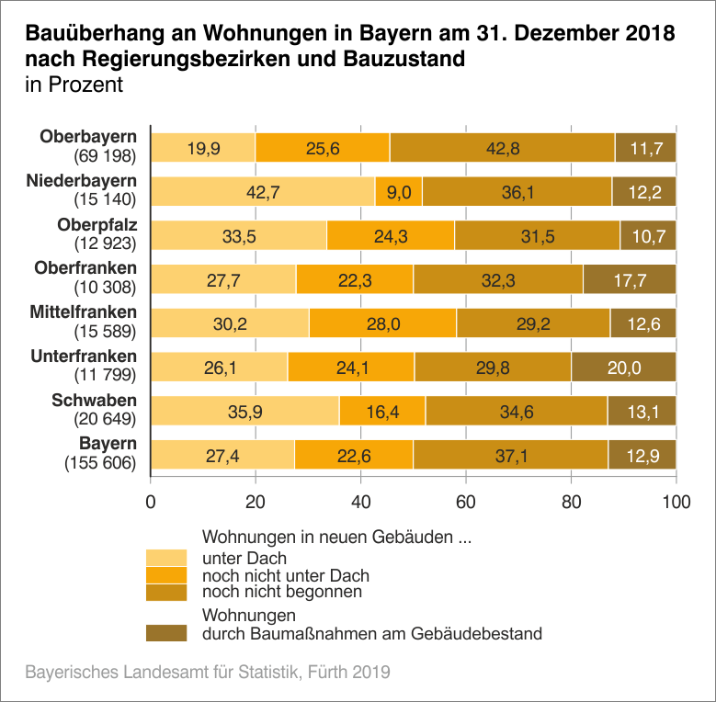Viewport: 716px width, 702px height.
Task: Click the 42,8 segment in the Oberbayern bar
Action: pos(502,148)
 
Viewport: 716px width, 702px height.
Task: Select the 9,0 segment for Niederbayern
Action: pos(398,192)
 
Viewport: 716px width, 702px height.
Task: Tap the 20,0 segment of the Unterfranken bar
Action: pos(623,368)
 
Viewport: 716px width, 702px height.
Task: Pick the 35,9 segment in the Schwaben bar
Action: pos(244,412)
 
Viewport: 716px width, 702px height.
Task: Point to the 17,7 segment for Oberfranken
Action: pos(629,280)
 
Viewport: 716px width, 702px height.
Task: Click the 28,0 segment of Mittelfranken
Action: pos(382,323)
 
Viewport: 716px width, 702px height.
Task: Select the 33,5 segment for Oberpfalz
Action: pos(238,236)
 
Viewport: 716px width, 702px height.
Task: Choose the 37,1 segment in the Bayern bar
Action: pos(510,456)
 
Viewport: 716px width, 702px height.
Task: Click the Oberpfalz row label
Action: pos(97,225)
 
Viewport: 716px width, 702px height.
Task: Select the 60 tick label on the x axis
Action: pos(466,503)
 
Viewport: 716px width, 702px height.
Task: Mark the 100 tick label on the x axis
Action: pos(676,503)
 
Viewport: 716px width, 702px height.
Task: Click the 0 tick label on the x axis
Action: pos(151,503)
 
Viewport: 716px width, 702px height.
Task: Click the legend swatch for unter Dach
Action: pos(166,558)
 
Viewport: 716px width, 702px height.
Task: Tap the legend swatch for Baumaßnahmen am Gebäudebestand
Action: pos(166,633)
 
